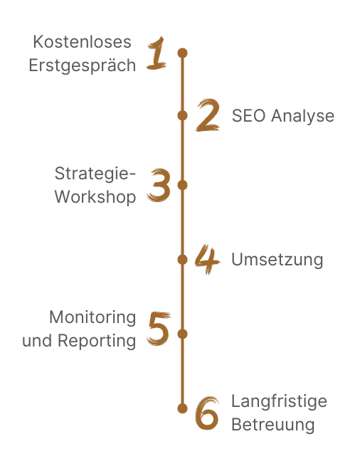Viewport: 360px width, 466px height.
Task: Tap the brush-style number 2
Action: pyautogui.click(x=208, y=115)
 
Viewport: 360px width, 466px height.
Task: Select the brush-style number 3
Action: pyautogui.click(x=159, y=185)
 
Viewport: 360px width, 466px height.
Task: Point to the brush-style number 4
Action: pyautogui.click(x=208, y=260)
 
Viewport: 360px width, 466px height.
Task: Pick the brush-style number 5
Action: pyautogui.click(x=159, y=329)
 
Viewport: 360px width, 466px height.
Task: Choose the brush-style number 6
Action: pyautogui.click(x=207, y=413)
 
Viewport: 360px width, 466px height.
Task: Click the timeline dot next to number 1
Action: pyautogui.click(x=183, y=53)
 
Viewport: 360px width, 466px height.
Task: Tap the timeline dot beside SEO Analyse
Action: pyautogui.click(x=183, y=115)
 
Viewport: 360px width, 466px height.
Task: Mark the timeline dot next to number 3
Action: pyautogui.click(x=183, y=185)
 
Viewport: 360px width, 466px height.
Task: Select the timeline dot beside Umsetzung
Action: pyautogui.click(x=183, y=260)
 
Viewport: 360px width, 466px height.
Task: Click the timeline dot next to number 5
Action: pyautogui.click(x=183, y=334)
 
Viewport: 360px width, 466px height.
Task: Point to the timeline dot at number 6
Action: pyautogui.click(x=183, y=408)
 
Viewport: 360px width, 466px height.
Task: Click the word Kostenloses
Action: pyautogui.click(x=82, y=41)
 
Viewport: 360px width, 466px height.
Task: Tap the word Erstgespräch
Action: pyautogui.click(x=83, y=65)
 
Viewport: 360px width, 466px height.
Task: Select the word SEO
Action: pyautogui.click(x=248, y=115)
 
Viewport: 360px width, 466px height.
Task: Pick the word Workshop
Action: pyautogui.click(x=95, y=197)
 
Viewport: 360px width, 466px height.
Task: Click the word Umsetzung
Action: pyautogui.click(x=277, y=260)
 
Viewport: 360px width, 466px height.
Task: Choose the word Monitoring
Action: pyautogui.click(x=92, y=318)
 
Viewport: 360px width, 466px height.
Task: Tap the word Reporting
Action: pyautogui.click(x=97, y=341)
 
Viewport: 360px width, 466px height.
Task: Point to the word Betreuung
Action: pyautogui.click(x=273, y=425)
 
